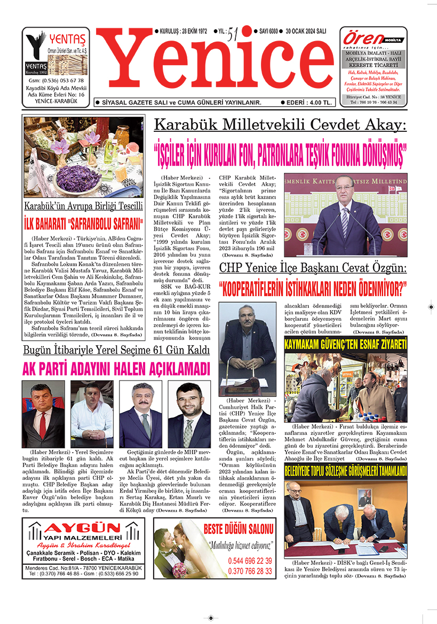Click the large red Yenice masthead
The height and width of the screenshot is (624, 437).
click(213, 64)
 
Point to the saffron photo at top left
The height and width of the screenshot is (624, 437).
click(83, 157)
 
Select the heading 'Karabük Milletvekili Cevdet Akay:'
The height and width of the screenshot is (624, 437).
click(280, 126)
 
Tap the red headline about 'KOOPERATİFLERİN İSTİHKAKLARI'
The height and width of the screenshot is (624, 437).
click(313, 289)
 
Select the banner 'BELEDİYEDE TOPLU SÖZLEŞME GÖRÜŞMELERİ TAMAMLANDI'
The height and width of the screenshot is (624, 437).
click(345, 471)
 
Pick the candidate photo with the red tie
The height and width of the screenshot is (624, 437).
click(43, 414)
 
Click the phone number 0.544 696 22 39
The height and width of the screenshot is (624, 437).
click(250, 561)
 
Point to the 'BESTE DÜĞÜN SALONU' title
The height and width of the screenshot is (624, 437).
click(238, 530)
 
